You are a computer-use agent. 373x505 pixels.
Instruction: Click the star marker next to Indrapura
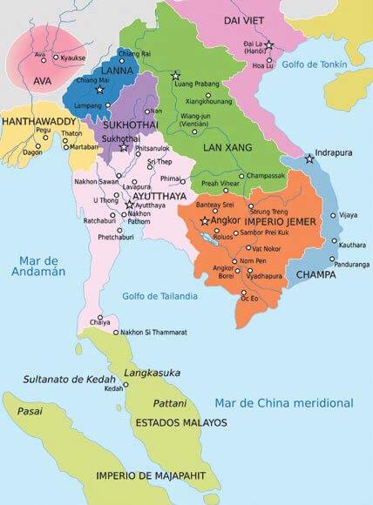[x=309, y=159]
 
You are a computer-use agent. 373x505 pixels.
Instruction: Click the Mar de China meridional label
[x=283, y=403]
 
